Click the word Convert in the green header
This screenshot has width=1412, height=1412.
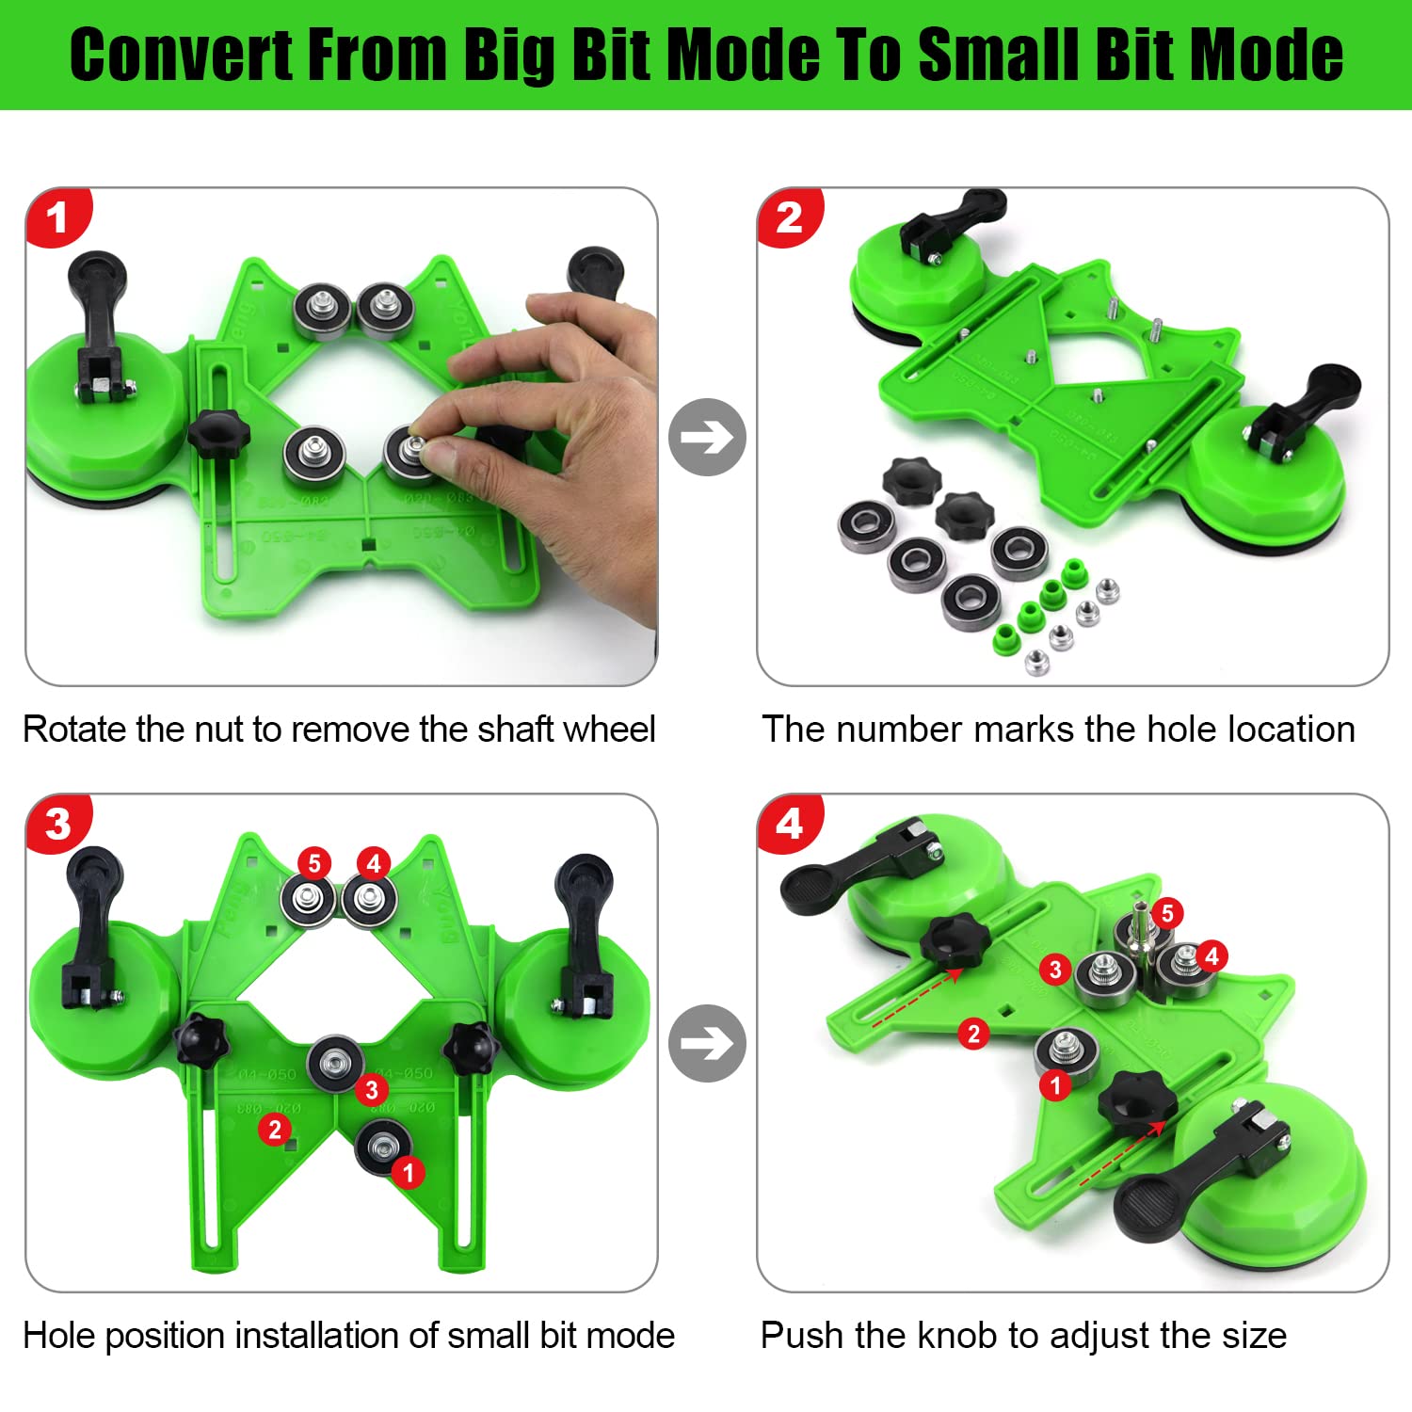pos(182,55)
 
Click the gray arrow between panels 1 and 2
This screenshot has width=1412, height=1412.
pos(707,437)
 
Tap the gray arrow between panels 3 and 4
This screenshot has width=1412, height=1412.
pos(707,1043)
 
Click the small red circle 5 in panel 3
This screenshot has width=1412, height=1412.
pos(314,863)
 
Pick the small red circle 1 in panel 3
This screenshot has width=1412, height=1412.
pos(408,1173)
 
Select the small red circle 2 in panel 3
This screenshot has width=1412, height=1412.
pos(275,1129)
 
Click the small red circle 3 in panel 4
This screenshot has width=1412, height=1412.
pos(1055,970)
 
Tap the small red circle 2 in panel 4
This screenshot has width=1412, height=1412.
pos(974,1035)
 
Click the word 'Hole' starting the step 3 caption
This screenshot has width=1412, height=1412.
pos(58,1336)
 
